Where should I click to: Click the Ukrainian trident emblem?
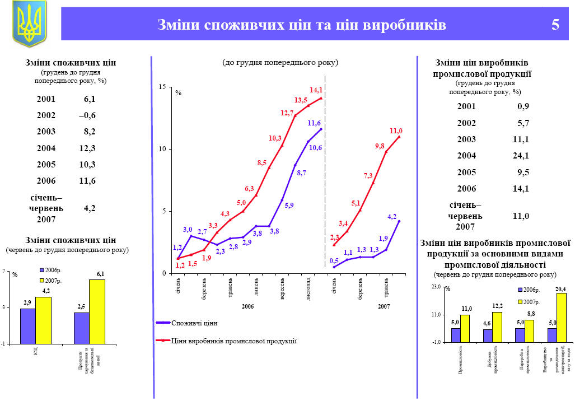29,24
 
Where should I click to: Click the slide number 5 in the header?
555,25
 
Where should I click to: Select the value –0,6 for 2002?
87,115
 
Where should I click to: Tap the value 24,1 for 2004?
521,156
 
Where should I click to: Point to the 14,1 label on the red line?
316,90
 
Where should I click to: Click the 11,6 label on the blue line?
314,123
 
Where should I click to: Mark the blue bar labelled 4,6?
488,335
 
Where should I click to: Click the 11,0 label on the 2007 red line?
396,130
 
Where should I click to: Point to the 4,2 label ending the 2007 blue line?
392,216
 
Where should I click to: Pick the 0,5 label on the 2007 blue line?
334,260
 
